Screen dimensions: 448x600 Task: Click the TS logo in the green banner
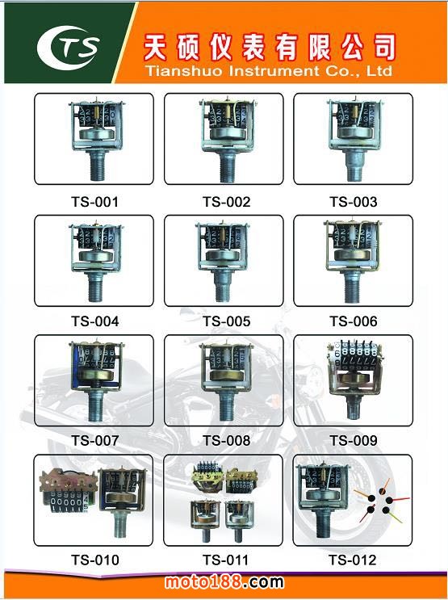pyautogui.click(x=69, y=48)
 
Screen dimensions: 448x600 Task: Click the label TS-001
pyautogui.click(x=95, y=202)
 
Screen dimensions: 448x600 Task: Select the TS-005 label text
pyautogui.click(x=227, y=321)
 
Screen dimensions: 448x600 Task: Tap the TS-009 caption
pyautogui.click(x=354, y=440)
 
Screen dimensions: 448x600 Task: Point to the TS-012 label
pyautogui.click(x=353, y=560)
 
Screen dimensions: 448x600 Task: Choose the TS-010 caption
pyautogui.click(x=95, y=560)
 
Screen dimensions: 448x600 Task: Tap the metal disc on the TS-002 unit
pyautogui.click(x=228, y=132)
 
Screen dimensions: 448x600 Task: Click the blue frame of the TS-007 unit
pyautogui.click(x=77, y=367)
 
